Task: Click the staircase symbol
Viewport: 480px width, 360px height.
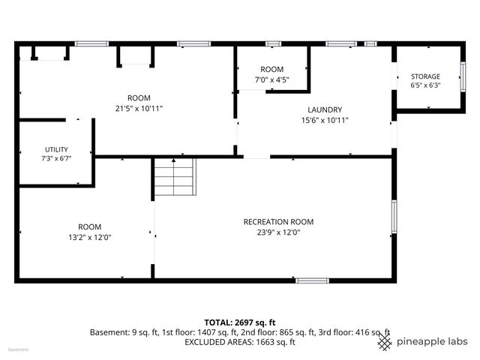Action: coord(175,177)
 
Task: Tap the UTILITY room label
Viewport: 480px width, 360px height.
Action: coord(57,150)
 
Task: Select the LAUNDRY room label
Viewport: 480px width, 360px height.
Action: coord(325,110)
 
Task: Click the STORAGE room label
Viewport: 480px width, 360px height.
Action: coord(425,76)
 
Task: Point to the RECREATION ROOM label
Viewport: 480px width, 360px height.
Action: coord(278,222)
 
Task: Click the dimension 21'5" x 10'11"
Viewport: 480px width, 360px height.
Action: coord(139,108)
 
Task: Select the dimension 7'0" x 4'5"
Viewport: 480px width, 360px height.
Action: coord(272,80)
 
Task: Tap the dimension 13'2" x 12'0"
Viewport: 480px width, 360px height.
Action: coord(90,237)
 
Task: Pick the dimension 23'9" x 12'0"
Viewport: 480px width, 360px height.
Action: coord(278,232)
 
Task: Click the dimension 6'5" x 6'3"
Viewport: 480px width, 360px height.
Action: coord(425,85)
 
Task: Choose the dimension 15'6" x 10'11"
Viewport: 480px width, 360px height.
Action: coord(325,120)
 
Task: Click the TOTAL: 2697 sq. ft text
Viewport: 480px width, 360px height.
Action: coord(240,322)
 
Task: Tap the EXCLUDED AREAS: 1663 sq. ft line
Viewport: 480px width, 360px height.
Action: coord(240,342)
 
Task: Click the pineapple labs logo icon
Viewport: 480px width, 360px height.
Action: coord(385,342)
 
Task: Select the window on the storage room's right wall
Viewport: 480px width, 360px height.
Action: coord(463,76)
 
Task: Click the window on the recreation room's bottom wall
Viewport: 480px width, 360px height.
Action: coord(312,280)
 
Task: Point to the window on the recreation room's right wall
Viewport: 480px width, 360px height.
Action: coord(394,217)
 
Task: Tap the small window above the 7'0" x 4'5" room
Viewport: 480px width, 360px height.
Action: coord(273,43)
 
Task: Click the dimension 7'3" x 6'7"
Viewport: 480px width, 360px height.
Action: coord(57,158)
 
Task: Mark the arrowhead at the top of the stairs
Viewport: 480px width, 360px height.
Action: coord(173,160)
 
